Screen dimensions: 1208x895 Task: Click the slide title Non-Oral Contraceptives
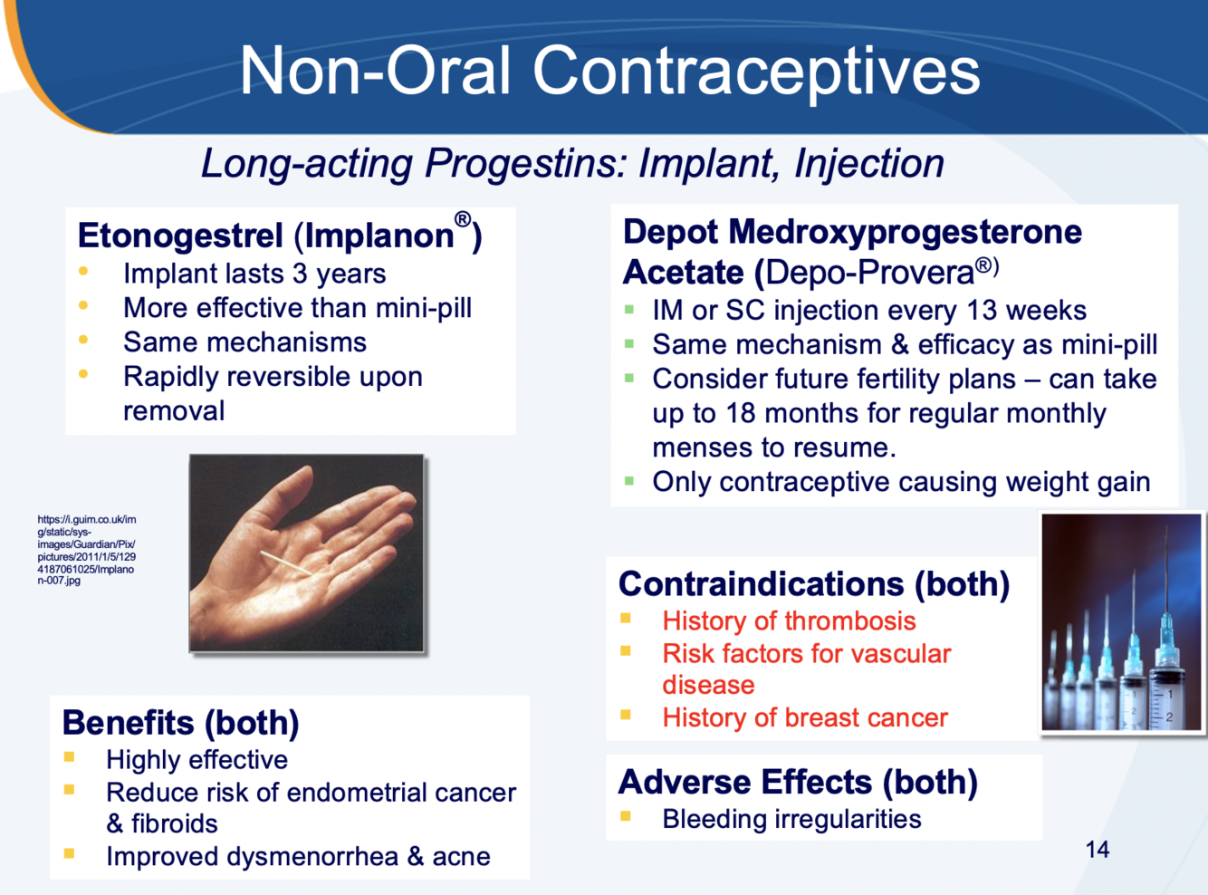610,71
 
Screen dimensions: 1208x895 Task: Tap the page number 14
1097,849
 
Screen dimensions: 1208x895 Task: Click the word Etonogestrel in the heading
180,236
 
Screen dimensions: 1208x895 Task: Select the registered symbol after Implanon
463,219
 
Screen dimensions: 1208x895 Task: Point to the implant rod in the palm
286,563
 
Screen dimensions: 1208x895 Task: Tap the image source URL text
87,550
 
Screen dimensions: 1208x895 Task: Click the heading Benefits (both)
181,723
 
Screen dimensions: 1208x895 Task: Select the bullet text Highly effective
197,760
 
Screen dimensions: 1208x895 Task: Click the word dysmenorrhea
312,856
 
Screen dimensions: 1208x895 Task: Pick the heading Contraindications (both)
814,584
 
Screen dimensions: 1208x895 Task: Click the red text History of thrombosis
789,621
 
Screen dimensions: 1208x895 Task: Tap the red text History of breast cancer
805,717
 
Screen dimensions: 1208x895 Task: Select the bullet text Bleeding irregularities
791,819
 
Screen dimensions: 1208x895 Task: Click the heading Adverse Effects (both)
798,782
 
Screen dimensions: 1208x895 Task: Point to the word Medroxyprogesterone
906,233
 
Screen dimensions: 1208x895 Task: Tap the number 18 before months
741,413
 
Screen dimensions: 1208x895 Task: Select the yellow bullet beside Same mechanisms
83,340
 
